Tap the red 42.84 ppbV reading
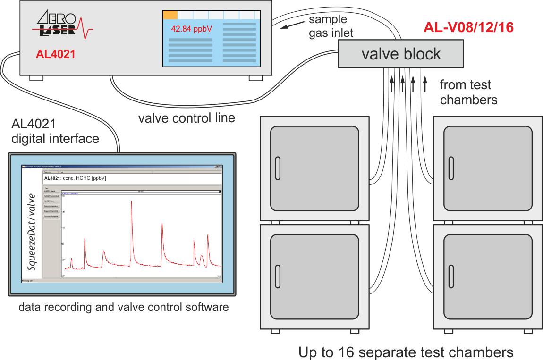coord(191,29)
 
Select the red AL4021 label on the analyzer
coord(56,54)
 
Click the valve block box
coord(401,53)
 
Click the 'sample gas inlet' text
coord(331,26)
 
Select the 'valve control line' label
coord(187,117)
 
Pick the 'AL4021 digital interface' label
coord(55,132)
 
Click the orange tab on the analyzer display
coord(170,15)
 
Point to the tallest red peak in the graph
coord(131,201)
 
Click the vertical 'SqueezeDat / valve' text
coord(32,231)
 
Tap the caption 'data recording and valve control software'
coord(123,308)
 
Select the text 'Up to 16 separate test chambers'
coord(406,352)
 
